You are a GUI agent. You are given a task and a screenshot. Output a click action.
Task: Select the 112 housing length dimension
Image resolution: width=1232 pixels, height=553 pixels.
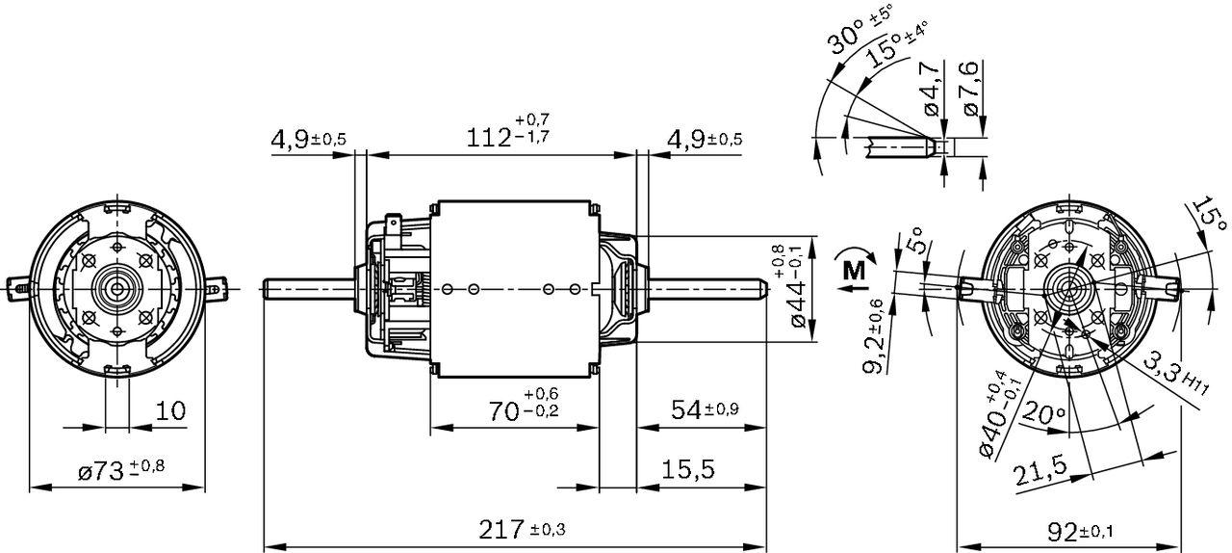[x=508, y=135]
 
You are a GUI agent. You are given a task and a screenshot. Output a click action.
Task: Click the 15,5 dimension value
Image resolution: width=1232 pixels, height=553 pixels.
[x=688, y=469]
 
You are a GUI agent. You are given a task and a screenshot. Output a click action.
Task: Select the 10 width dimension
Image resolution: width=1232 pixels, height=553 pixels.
[x=170, y=411]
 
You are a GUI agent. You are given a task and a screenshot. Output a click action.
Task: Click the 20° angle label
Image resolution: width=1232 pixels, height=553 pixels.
[x=1043, y=415]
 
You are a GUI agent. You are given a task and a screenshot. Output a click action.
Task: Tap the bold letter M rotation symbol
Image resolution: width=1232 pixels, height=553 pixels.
[x=853, y=271]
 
